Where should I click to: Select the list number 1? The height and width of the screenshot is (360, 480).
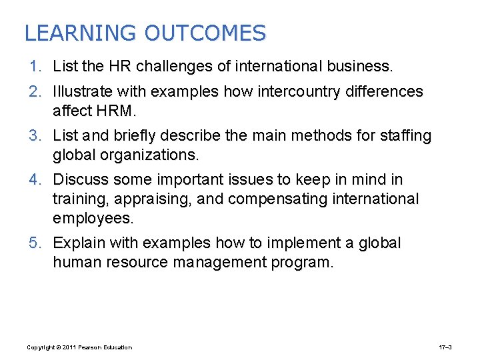pos(35,67)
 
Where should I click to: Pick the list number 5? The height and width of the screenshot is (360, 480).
pos(35,243)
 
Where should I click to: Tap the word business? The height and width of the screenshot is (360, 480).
pos(361,67)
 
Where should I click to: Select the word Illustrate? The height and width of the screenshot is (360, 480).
pos(85,91)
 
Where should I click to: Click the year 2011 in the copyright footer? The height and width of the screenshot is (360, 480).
pos(68,347)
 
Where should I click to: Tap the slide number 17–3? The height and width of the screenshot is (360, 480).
pos(445,347)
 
